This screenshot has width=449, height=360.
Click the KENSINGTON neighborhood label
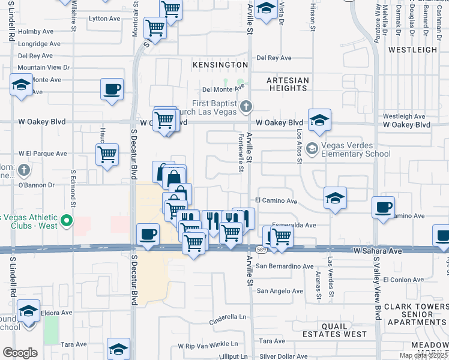click(220, 64)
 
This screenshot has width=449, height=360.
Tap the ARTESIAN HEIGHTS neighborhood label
click(288, 84)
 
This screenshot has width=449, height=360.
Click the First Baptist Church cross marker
click(245, 107)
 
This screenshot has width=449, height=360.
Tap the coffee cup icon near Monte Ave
click(112, 90)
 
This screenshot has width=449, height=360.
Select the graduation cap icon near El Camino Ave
click(335, 198)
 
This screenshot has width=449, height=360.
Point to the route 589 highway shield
click(260, 248)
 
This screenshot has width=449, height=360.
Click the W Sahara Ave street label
click(377, 250)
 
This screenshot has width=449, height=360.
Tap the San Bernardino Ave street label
click(285, 266)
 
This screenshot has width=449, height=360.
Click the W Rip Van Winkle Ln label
click(208, 346)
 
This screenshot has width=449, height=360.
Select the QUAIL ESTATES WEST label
click(343, 329)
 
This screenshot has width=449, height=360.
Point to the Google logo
click(20, 353)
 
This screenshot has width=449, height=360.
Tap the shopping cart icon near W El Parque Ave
click(107, 154)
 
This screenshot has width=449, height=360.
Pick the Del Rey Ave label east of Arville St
click(274, 58)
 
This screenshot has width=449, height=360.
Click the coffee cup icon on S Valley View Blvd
click(383, 208)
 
